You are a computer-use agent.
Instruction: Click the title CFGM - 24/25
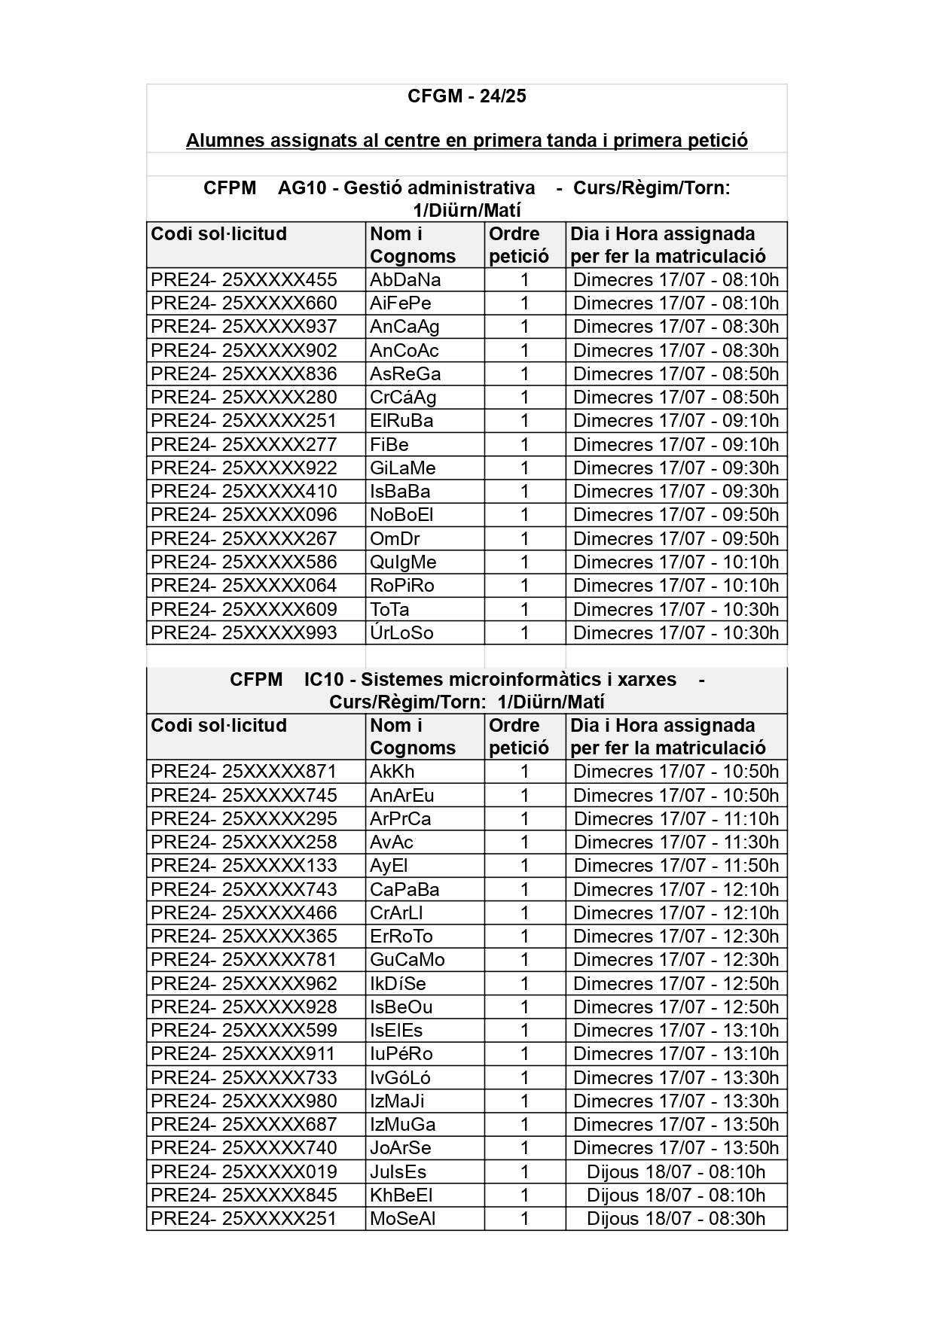click(x=466, y=96)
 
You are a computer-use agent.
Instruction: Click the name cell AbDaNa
click(x=405, y=280)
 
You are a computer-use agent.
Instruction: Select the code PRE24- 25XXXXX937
click(x=243, y=327)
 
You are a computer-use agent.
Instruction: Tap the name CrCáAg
click(x=403, y=398)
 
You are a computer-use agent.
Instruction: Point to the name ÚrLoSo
click(x=401, y=633)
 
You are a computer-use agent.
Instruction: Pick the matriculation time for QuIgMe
click(x=676, y=562)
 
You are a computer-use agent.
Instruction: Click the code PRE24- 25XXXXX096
click(x=243, y=515)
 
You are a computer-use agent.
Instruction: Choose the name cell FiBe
click(x=389, y=444)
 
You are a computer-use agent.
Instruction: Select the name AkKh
click(x=392, y=772)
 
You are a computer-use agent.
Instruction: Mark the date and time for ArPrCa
click(x=676, y=819)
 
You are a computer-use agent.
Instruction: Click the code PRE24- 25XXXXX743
click(x=243, y=889)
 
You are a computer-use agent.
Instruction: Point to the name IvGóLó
click(x=400, y=1077)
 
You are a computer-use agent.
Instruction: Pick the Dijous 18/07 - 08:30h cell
click(x=676, y=1218)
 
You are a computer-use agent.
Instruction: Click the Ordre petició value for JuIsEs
click(x=524, y=1171)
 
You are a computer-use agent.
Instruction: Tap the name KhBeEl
click(x=401, y=1195)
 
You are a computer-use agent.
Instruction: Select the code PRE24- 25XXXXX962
click(x=243, y=983)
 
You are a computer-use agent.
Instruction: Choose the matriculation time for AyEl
click(x=676, y=866)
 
